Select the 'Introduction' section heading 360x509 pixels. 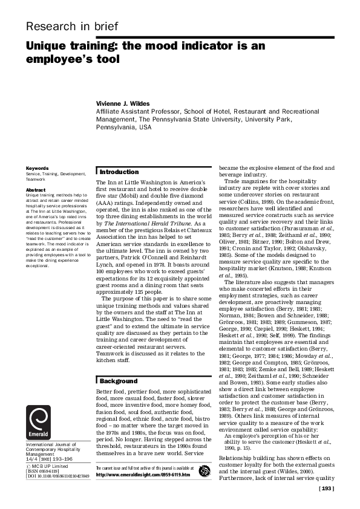[x=119, y=172]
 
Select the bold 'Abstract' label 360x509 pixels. [x=34, y=190]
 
